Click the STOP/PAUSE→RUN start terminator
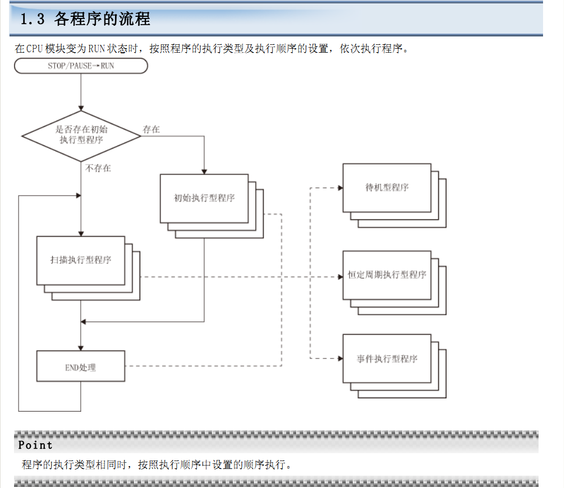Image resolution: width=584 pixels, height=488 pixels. click(x=81, y=66)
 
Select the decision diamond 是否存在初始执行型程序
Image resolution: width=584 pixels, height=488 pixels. click(x=81, y=135)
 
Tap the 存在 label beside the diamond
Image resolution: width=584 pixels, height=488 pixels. click(x=151, y=130)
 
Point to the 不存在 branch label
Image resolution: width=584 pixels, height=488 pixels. click(x=98, y=168)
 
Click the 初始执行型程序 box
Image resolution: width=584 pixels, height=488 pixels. click(x=204, y=198)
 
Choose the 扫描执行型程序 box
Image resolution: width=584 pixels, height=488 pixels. click(x=81, y=260)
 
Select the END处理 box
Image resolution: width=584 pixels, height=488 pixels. click(x=81, y=366)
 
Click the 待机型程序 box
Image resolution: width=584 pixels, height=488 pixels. click(x=387, y=188)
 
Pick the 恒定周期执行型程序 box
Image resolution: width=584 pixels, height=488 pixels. click(x=387, y=275)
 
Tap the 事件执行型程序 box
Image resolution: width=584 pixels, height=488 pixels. click(x=387, y=359)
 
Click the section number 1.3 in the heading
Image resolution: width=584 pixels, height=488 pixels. click(x=32, y=20)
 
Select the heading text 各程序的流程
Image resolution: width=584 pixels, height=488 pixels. click(x=102, y=20)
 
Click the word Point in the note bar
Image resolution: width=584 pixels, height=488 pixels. click(x=35, y=445)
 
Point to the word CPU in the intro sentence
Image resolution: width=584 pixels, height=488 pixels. click(x=34, y=49)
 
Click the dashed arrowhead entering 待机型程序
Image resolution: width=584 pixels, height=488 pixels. click(x=340, y=188)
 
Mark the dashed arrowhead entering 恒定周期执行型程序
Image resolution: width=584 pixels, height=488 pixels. click(x=340, y=277)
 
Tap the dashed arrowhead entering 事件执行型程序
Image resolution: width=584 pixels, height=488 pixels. click(x=340, y=358)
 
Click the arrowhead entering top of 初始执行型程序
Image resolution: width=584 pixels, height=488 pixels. click(x=204, y=171)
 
